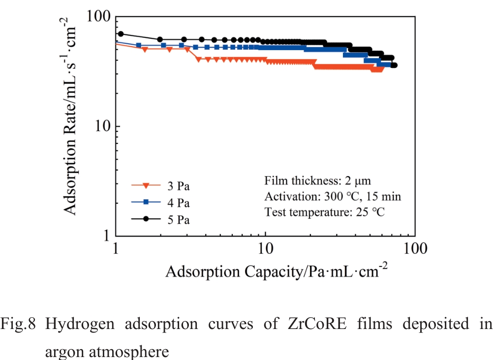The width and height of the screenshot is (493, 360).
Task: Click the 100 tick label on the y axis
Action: [98, 16]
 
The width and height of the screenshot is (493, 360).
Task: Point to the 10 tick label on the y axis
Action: [101, 126]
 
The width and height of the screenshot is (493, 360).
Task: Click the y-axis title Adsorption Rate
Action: [70, 116]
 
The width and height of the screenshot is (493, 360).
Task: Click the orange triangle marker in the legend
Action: [146, 186]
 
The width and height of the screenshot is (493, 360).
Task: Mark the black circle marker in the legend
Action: [146, 220]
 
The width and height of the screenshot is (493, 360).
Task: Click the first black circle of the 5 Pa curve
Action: [121, 34]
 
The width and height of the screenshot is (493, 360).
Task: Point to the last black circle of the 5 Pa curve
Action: [394, 65]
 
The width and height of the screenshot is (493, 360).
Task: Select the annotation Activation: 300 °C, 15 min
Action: [333, 197]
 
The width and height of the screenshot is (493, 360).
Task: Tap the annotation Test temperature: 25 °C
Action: [324, 213]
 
